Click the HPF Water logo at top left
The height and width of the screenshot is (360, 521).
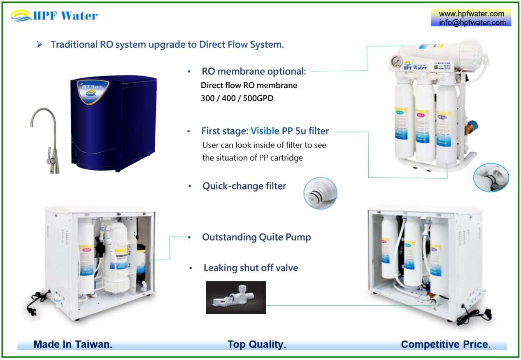(54, 16)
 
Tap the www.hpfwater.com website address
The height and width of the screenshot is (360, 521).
(471, 14)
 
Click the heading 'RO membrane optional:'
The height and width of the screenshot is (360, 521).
(254, 71)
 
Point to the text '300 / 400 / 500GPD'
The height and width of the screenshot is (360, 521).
(237, 99)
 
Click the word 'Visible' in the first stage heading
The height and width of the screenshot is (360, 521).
(265, 131)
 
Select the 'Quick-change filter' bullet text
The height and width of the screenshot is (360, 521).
(244, 186)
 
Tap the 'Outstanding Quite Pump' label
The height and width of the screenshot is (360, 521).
(256, 237)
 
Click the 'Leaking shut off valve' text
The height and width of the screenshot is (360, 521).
(251, 268)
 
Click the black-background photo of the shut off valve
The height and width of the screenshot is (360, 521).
(236, 297)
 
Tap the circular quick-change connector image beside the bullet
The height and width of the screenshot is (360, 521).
(320, 193)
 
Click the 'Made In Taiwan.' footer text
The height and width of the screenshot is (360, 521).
(73, 344)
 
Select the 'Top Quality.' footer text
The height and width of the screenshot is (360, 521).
(256, 344)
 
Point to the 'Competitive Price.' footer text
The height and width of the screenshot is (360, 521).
(446, 344)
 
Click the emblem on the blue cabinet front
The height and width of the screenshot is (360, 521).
(94, 91)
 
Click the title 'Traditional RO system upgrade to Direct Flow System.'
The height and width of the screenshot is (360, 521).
(167, 44)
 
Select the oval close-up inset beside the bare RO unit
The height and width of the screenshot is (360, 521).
(491, 178)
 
